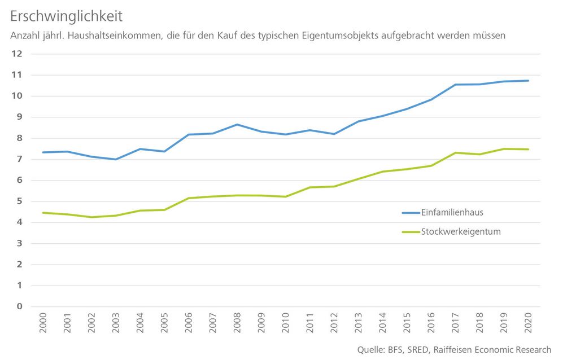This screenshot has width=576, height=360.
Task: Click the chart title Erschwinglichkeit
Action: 66,16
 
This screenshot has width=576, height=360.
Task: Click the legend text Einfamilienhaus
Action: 452,213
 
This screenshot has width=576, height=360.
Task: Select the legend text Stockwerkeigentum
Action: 461,231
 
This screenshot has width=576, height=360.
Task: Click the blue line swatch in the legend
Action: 411,213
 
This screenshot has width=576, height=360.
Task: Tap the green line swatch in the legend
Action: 411,232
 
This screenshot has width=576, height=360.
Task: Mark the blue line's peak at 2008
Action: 237,124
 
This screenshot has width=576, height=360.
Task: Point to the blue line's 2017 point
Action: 455,85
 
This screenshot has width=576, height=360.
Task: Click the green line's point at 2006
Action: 189,198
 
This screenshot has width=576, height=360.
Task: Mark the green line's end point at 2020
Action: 528,150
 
